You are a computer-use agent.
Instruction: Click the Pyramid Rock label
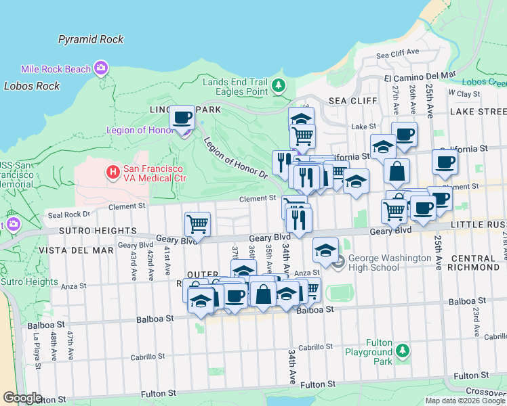point(91,39)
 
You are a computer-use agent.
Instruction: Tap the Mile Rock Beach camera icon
point(102,68)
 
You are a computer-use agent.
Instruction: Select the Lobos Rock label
point(31,86)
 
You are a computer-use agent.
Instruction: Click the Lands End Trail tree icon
point(279,86)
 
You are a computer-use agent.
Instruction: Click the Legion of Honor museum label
point(140,130)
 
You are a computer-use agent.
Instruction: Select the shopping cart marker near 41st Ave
point(197,223)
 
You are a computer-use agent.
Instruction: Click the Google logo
point(22,398)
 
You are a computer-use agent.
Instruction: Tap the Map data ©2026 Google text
point(464,400)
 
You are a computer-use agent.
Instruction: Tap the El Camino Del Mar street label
point(420,76)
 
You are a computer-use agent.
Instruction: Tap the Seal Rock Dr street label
point(68,215)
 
